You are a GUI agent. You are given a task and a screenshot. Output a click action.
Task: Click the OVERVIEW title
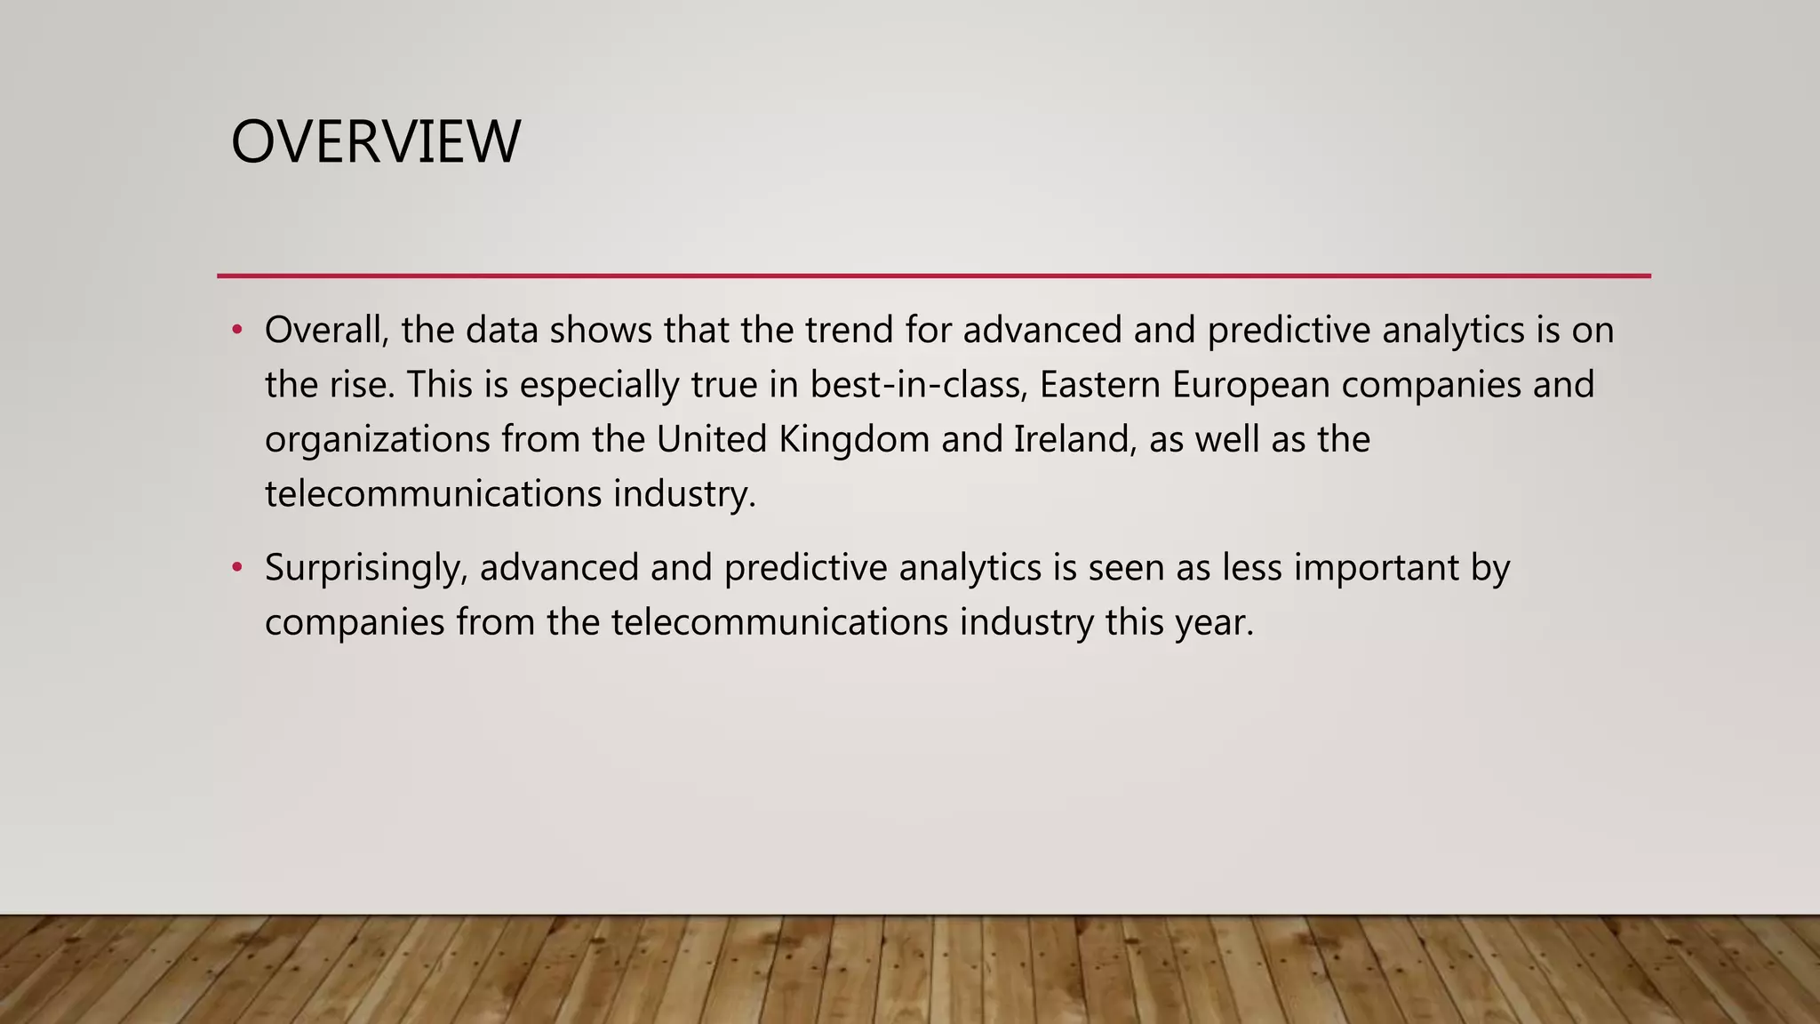[x=375, y=142]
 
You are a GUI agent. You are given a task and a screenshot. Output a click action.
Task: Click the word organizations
[x=377, y=440]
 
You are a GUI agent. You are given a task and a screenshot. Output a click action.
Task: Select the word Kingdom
[x=853, y=440]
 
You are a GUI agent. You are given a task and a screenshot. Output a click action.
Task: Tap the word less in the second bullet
[x=1252, y=568]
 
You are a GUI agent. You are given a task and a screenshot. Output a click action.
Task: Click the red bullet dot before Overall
[x=236, y=331]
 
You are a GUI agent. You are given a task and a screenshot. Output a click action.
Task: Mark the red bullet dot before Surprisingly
[x=236, y=567]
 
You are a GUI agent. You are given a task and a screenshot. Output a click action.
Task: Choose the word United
[x=712, y=440]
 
